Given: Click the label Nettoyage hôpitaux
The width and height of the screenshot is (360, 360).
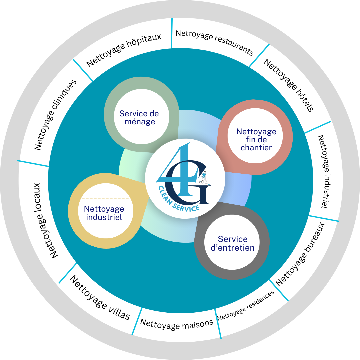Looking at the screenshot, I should point(124,50).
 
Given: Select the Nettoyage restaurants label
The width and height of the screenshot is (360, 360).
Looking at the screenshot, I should point(214,43).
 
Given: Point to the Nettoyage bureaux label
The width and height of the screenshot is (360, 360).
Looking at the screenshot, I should point(300,253).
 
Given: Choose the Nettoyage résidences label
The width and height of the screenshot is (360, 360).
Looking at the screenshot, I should point(245,305).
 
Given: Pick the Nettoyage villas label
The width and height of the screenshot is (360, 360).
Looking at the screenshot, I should point(100,298).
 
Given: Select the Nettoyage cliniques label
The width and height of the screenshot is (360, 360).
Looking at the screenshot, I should point(55,114).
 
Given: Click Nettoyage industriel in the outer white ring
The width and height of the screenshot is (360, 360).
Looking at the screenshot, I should point(322,171).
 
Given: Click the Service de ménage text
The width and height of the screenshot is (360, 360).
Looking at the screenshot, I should point(139,118).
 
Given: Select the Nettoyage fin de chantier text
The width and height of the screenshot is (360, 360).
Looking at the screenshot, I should point(256,139).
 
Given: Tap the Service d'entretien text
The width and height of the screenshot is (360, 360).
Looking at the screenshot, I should point(233,243).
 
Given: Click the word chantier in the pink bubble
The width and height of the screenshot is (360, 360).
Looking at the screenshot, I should point(256,147).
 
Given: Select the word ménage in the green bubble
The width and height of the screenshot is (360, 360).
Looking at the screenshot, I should point(140,122).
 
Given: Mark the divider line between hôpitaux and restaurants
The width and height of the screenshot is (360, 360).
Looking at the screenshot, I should point(172,33).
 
